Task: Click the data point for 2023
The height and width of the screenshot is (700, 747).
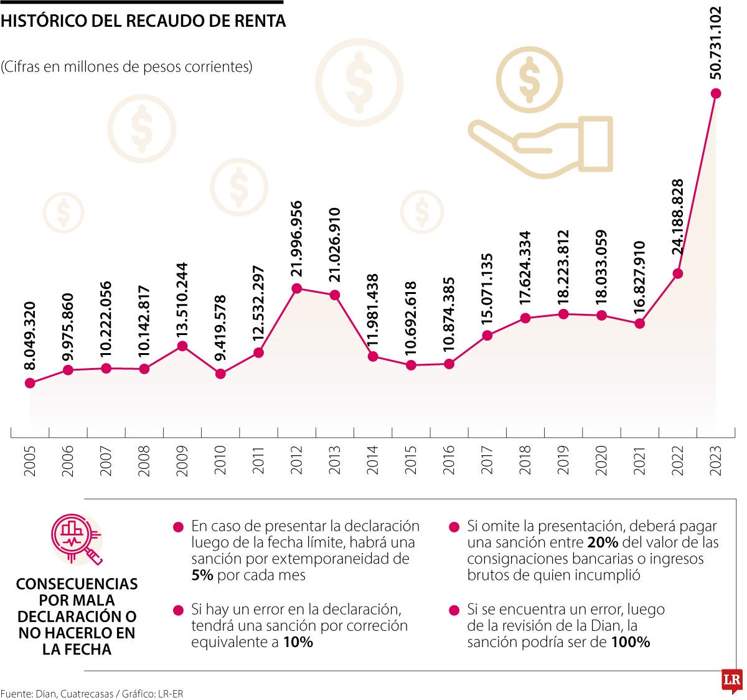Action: coord(716,93)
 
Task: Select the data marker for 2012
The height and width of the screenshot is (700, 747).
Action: coord(297,288)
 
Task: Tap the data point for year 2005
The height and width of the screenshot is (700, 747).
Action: coord(30,383)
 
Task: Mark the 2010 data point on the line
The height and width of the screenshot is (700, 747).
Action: coord(220,374)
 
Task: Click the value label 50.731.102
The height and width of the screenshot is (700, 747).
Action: coord(716,42)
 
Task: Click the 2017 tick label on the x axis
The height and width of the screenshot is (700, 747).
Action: coord(487,461)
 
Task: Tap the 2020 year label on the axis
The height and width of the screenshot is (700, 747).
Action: coord(602,461)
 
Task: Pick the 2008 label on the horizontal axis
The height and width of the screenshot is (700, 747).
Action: coord(144,461)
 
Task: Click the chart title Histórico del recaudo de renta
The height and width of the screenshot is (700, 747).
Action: coord(143,21)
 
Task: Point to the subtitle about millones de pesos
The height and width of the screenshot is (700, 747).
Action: coord(127,67)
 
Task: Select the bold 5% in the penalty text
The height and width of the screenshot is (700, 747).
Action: coord(202,575)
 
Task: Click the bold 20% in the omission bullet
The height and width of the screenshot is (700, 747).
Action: coord(602,542)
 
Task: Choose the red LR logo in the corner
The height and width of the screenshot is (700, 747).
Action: coord(731,681)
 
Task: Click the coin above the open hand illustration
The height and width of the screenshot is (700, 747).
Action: coord(530,80)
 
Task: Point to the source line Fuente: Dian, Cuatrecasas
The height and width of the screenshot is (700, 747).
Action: coord(92,693)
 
